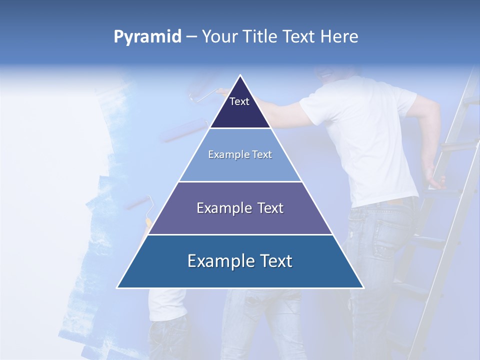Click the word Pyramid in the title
point(147,37)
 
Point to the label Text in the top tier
point(239,101)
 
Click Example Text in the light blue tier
point(240,154)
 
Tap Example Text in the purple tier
point(240,208)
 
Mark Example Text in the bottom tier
point(240,261)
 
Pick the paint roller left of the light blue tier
point(185,130)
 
